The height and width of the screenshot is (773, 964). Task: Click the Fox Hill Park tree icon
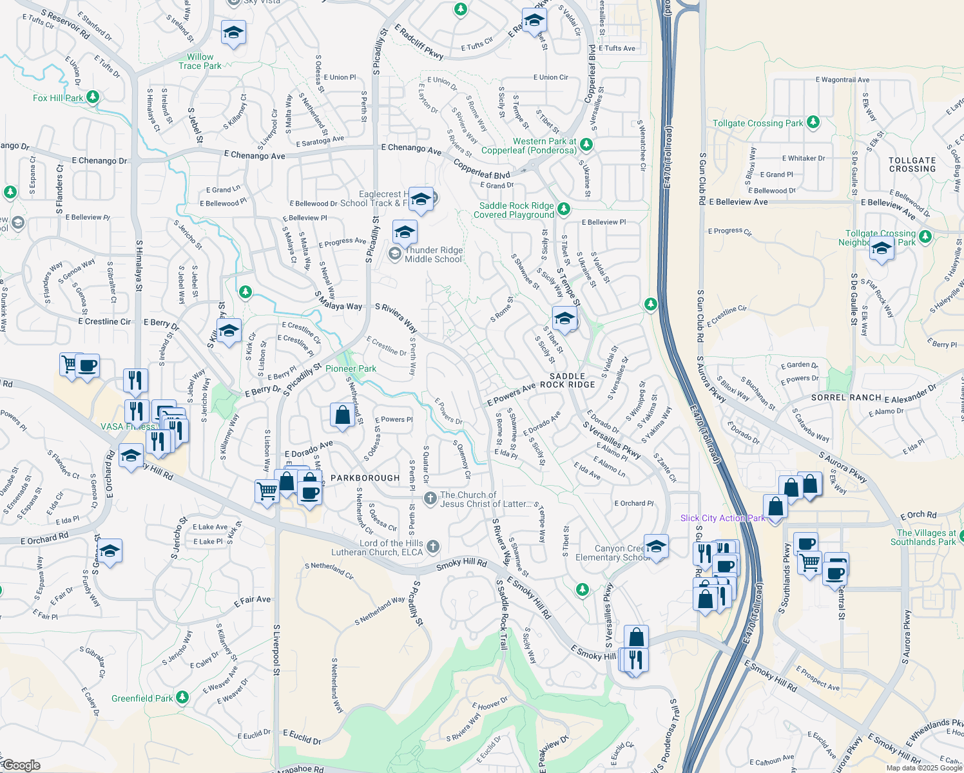(x=93, y=97)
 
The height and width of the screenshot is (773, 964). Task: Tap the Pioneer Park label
(x=351, y=368)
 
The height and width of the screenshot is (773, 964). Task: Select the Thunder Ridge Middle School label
(x=433, y=255)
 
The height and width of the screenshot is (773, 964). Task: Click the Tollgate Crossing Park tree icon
(x=813, y=122)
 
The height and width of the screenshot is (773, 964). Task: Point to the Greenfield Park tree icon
(x=182, y=698)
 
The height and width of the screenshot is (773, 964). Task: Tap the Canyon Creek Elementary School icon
(x=656, y=546)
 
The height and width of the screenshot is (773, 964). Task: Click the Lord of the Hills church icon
(x=433, y=547)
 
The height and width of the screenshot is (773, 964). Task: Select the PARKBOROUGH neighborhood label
(x=365, y=478)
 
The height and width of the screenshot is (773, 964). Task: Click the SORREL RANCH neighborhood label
(x=846, y=397)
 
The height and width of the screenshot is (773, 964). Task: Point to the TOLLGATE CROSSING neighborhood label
(x=912, y=165)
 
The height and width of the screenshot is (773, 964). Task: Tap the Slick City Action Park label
(x=722, y=518)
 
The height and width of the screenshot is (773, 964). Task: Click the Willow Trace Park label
(x=200, y=61)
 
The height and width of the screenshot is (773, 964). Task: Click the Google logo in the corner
(x=21, y=765)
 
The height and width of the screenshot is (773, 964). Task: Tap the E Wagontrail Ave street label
(x=842, y=80)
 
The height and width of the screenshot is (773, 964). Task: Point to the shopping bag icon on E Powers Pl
(x=343, y=415)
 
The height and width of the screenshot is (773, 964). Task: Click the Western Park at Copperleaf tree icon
(x=586, y=144)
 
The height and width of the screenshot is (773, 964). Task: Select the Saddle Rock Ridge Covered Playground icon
(x=564, y=209)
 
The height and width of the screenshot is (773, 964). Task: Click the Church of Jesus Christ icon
(x=430, y=499)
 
